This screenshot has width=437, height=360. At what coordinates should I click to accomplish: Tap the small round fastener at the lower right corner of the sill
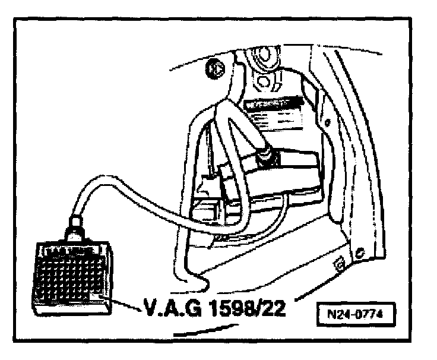tap(360, 252)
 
